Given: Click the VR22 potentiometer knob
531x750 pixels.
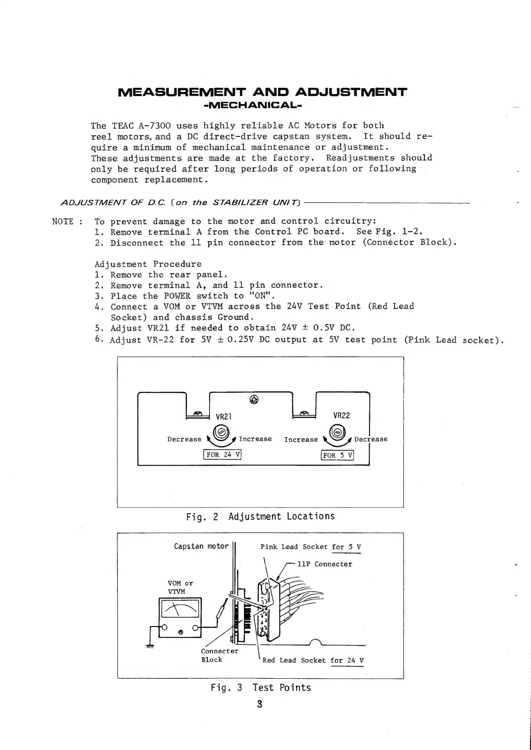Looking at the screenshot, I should [x=338, y=432].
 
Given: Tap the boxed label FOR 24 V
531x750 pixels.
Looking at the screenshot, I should [x=222, y=455].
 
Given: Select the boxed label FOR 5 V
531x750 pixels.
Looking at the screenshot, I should [x=338, y=455].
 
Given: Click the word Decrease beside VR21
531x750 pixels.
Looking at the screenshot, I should [x=184, y=439].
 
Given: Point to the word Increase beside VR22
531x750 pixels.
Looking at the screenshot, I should [x=301, y=440].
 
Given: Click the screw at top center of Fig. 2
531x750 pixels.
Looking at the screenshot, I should [x=254, y=399].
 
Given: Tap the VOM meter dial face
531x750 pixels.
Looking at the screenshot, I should [x=180, y=609].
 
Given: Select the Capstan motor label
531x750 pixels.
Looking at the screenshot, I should [x=201, y=546].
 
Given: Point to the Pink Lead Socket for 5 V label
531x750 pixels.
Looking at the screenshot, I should [x=310, y=547].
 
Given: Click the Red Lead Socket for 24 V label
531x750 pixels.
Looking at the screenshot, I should [x=313, y=660].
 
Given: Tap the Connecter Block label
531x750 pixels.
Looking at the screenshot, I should [x=219, y=655].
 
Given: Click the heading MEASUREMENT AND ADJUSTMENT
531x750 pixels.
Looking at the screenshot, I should [x=262, y=92].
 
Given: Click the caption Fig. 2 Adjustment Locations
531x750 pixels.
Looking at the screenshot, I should [x=260, y=516].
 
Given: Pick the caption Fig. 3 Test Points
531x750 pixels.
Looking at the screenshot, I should [x=261, y=688].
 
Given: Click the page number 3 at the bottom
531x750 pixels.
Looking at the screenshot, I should [x=259, y=705].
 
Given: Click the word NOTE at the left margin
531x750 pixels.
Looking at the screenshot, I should [x=63, y=221].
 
